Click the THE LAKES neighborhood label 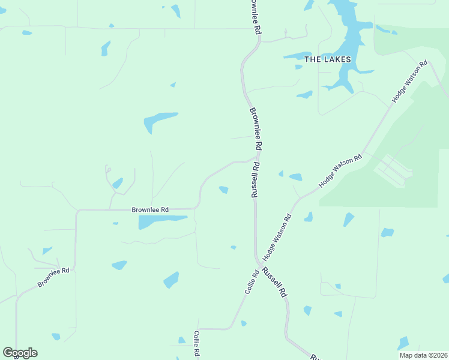(x=324, y=59)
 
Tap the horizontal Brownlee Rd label (x=150, y=209)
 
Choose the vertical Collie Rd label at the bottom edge (x=196, y=345)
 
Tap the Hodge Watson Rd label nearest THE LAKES (x=409, y=82)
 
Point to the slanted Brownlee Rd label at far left (x=53, y=277)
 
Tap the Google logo (x=20, y=353)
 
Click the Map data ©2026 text (x=424, y=355)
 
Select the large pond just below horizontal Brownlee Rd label (x=161, y=221)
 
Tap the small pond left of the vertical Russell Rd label (x=223, y=190)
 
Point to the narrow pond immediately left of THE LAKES (x=298, y=56)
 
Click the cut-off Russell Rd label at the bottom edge (x=314, y=356)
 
